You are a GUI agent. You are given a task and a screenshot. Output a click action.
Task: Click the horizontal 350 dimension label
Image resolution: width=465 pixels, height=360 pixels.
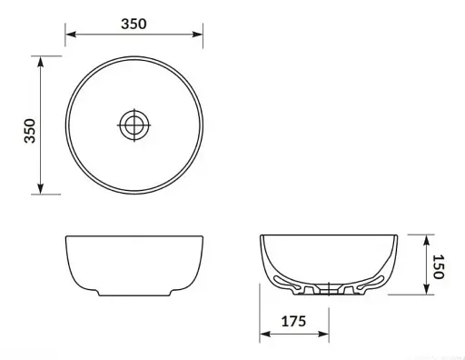[x=134, y=24]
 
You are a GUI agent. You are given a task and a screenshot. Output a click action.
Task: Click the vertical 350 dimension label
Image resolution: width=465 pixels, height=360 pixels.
[x=30, y=131]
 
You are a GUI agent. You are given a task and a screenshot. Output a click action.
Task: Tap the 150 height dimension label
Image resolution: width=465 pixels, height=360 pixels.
[x=439, y=266]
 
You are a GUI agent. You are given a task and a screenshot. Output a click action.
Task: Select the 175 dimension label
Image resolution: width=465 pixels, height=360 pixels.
[x=293, y=321]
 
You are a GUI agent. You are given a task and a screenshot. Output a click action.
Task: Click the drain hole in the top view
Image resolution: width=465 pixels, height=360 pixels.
[x=134, y=125]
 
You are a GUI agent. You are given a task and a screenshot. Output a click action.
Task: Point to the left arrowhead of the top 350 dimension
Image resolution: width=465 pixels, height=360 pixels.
[x=71, y=34]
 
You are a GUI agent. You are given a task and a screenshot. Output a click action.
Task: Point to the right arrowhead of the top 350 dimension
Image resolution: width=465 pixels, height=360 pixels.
[x=197, y=34]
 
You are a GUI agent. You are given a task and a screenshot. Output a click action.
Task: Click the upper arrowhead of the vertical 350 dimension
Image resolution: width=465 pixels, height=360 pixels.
[x=41, y=62]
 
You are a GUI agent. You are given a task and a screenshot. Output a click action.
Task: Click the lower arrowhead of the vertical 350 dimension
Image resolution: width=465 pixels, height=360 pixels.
[x=41, y=188]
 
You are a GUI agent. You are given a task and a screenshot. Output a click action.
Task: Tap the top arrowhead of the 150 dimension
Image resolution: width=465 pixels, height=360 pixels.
[x=426, y=240]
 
